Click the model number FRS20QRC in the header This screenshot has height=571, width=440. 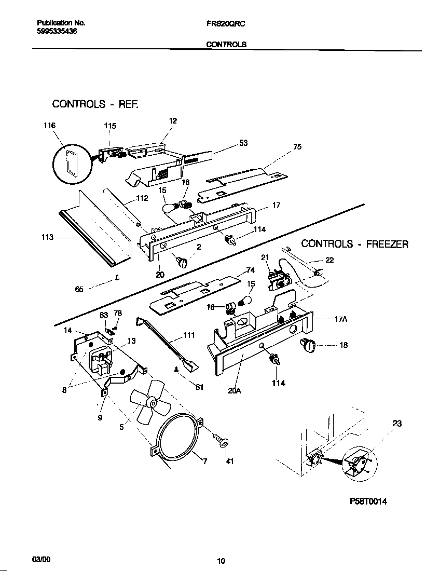pos(226,23)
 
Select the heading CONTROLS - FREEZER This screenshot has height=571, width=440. pos(355,244)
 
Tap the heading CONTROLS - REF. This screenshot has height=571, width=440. pos(95,104)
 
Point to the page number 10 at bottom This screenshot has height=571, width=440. pos(221,560)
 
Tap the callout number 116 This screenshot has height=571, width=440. pos(50,126)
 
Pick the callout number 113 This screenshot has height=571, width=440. pos(47,237)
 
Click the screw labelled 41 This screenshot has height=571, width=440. pos(224,443)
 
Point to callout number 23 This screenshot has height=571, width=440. pos(396,424)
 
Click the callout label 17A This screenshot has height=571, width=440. pos(340,319)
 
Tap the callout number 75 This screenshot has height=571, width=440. pos(297,147)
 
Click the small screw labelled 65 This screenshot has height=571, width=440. pos(118,278)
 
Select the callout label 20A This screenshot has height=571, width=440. pos(235,391)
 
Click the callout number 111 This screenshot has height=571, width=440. pos(189,335)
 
